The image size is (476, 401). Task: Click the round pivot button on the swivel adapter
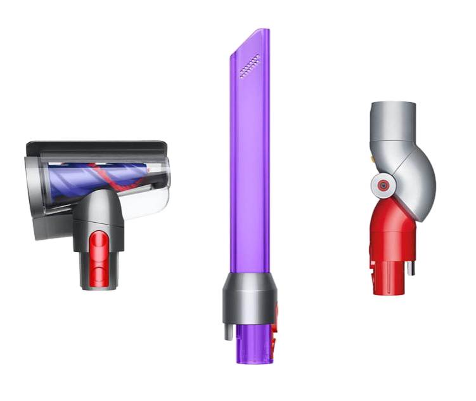[x=383, y=185]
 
